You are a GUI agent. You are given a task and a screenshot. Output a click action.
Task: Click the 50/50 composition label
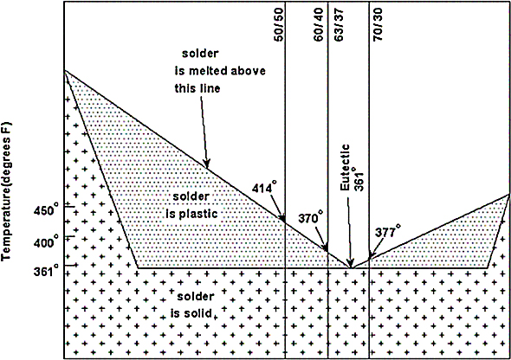[x=279, y=25]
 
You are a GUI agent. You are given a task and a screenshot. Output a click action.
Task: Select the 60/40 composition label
[x=319, y=25]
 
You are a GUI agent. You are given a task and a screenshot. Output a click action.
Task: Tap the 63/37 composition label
[x=339, y=25]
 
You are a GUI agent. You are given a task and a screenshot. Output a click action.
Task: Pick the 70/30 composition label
[x=378, y=25]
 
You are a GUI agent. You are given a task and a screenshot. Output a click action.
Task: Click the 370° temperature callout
[x=311, y=217]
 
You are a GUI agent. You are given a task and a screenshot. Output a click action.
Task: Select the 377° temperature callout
[x=388, y=231]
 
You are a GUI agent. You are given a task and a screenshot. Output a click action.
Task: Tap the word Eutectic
[x=345, y=167]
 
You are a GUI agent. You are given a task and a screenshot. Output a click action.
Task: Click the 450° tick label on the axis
[x=47, y=209]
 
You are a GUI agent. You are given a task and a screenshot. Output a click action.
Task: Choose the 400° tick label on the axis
[x=47, y=241]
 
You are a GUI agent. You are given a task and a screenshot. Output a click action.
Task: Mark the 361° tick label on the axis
[x=47, y=269]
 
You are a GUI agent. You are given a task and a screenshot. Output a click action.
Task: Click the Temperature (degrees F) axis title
[x=7, y=190]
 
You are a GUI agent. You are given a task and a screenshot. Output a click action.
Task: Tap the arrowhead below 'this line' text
[x=207, y=164]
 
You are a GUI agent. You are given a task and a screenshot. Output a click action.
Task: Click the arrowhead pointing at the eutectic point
[x=350, y=263]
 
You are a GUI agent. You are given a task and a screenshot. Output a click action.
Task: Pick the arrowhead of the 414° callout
[x=282, y=219]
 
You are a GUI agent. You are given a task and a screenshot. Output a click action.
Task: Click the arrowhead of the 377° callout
[x=371, y=256]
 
